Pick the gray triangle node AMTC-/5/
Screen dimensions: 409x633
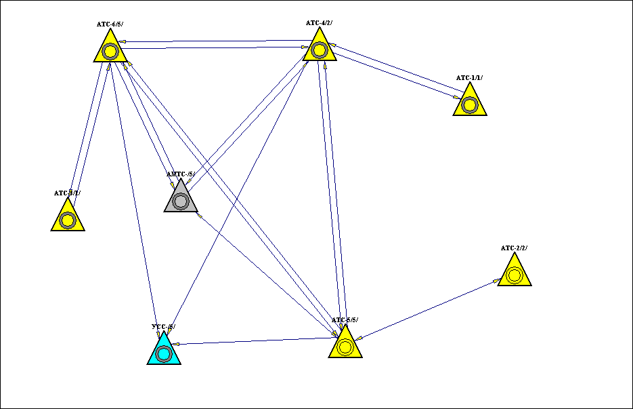(181, 199)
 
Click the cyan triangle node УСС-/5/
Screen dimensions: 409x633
(164, 351)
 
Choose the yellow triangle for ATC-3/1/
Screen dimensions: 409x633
(68, 218)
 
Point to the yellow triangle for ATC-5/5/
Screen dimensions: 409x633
(345, 345)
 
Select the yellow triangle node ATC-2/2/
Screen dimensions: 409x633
(515, 273)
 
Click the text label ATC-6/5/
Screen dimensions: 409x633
(110, 24)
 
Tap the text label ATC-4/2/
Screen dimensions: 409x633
(319, 23)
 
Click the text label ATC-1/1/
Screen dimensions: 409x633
(469, 78)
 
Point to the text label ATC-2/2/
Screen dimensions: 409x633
(514, 248)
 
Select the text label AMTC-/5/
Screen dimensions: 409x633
(181, 174)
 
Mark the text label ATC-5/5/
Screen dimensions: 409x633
(345, 319)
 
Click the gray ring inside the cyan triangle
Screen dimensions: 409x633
(164, 353)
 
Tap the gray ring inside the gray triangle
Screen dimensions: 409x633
(181, 201)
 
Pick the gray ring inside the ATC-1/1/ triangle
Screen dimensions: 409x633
(470, 104)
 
